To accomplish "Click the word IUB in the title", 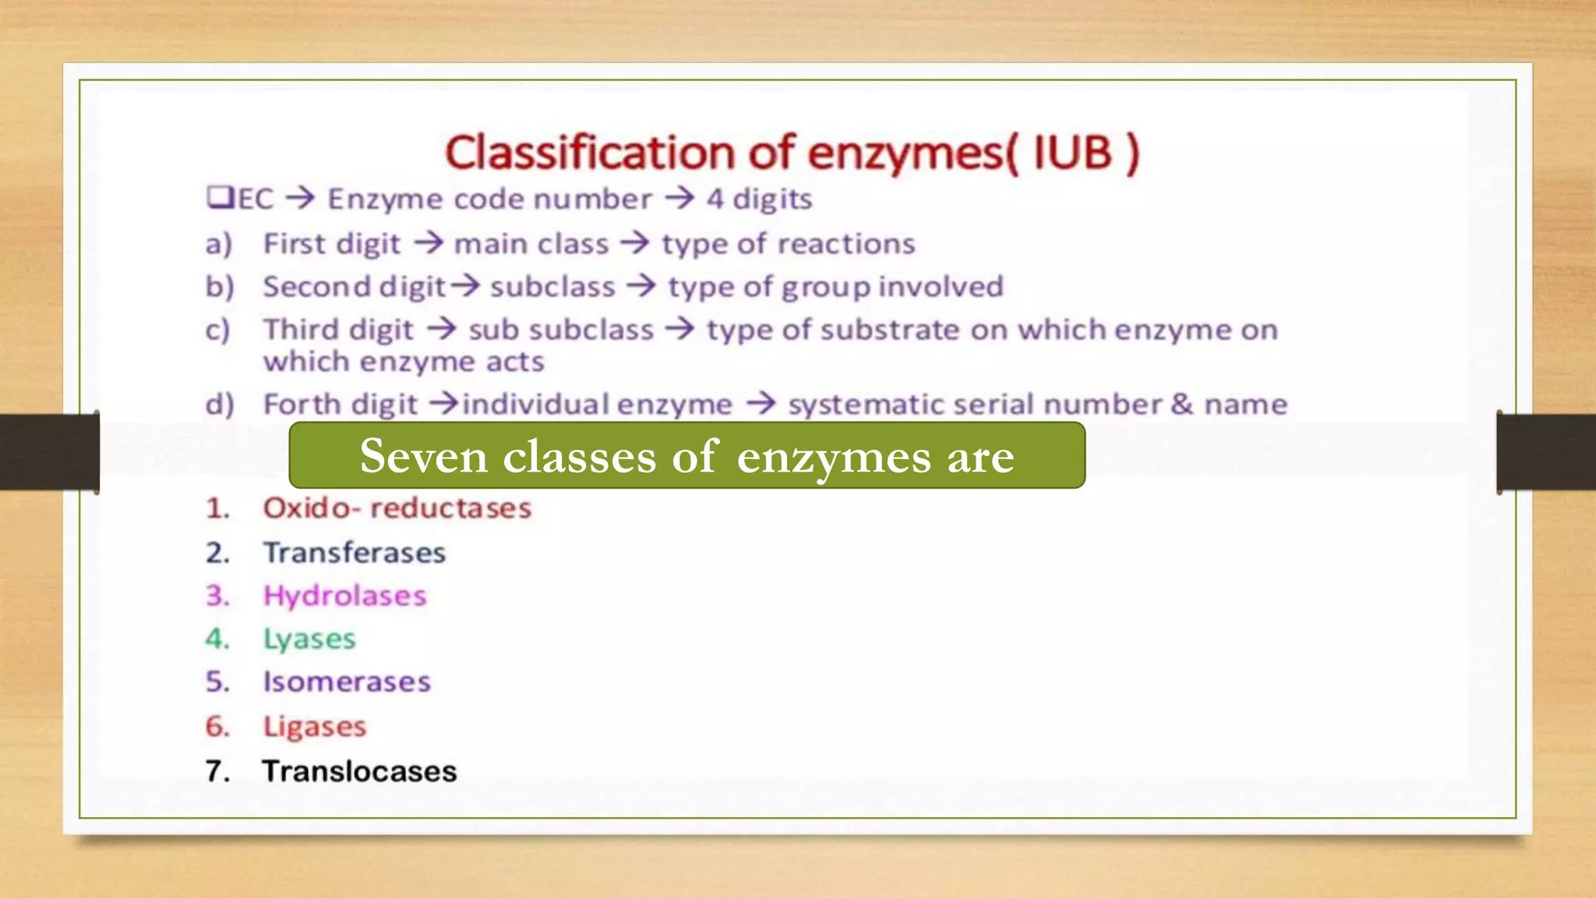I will [x=1072, y=153].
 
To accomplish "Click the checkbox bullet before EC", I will [x=221, y=197].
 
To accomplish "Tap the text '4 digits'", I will [x=759, y=200].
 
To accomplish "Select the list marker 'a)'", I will [x=219, y=245].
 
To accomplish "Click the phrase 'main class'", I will [x=531, y=244].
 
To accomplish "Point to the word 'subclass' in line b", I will [x=553, y=287].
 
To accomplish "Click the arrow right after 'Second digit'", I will [x=466, y=286].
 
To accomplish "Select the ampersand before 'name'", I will [x=1182, y=404].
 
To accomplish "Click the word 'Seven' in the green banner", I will [x=423, y=456].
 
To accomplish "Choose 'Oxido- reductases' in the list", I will [x=397, y=508].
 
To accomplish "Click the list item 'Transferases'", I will [x=354, y=553].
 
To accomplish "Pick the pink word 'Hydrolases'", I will [x=344, y=596].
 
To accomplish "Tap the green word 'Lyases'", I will [x=309, y=639].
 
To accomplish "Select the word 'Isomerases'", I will [x=346, y=682].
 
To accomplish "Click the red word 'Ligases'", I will [x=314, y=727].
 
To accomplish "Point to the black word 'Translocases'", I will [x=359, y=771].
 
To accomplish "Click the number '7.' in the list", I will [x=218, y=771].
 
